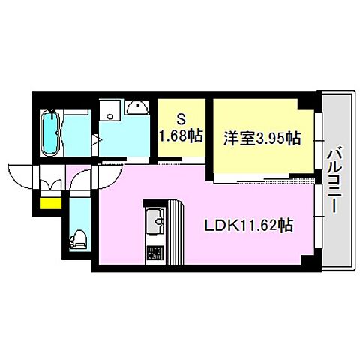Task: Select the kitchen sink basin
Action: click(155, 221)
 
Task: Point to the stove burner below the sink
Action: click(154, 250)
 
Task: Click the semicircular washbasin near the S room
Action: click(136, 109)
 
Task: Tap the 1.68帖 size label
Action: click(181, 136)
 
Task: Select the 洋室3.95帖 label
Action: click(260, 139)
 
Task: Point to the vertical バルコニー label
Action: click(334, 179)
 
